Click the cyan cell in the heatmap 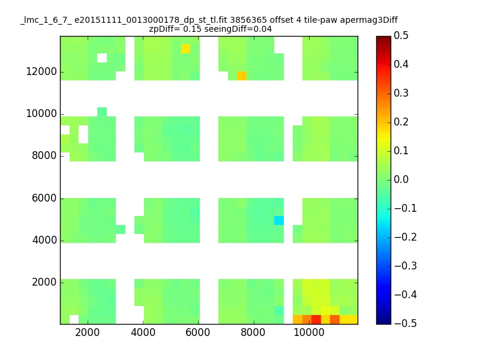coord(279,220)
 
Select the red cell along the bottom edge coord(316,320)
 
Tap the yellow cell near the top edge coord(186,49)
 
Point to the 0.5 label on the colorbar coord(401,35)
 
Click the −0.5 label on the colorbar coord(406,323)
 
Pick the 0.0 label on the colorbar coord(401,179)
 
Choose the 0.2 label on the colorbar coord(401,122)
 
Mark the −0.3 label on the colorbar coord(406,266)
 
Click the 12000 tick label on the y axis coord(41,71)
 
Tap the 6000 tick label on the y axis coord(44,198)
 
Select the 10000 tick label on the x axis coord(309,332)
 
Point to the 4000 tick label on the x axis coord(143,332)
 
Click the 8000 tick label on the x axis coord(253,332)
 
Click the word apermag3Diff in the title coord(369,20)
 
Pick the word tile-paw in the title coord(320,20)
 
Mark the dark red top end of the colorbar coord(383,37)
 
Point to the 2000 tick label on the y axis coord(44,282)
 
